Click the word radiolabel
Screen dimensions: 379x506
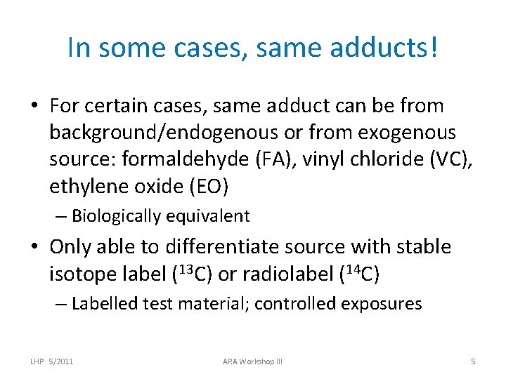pyautogui.click(x=283, y=274)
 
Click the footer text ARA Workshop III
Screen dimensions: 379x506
pyautogui.click(x=252, y=361)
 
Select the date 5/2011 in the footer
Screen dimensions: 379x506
pyautogui.click(x=62, y=361)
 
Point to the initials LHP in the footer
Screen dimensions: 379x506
pyautogui.click(x=37, y=361)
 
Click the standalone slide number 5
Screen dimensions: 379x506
pyautogui.click(x=473, y=361)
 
